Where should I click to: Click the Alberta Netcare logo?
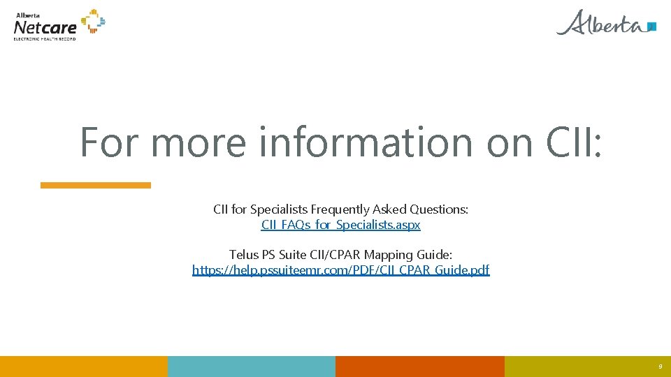[59, 24]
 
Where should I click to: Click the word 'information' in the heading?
[366, 142]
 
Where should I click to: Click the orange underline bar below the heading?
[96, 185]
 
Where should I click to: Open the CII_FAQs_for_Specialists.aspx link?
[341, 226]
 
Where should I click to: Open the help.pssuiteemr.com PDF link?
[341, 270]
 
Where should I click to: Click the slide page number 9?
[660, 367]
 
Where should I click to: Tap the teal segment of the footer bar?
[252, 367]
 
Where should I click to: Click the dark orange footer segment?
[419, 367]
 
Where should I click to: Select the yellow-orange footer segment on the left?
[84, 367]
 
